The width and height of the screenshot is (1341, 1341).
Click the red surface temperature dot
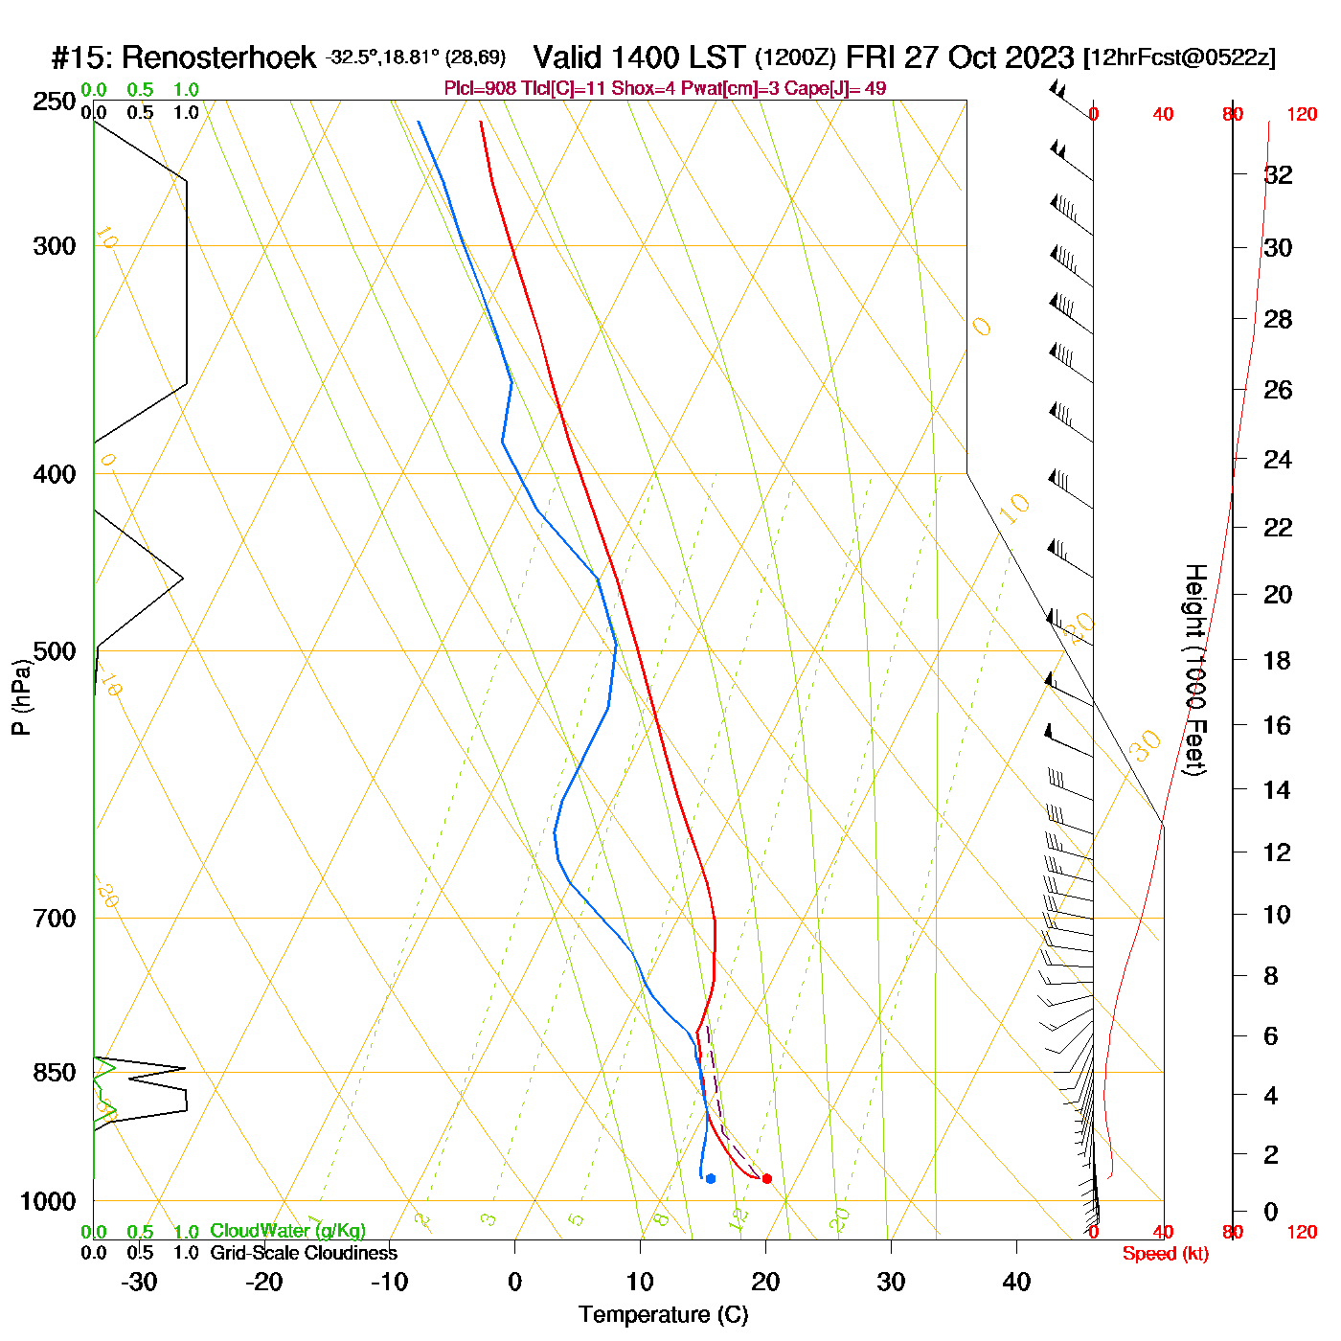tap(766, 1178)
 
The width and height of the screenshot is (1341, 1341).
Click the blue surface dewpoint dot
tap(711, 1178)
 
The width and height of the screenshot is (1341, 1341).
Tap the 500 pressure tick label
tap(55, 651)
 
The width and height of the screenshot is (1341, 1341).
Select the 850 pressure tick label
tap(55, 1073)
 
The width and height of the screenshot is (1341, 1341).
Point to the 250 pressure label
tap(55, 102)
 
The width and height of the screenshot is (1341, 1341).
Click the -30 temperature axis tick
tap(139, 1282)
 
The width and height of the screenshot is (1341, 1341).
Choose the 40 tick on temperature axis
tap(1016, 1282)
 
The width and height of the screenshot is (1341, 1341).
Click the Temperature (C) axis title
tap(663, 1315)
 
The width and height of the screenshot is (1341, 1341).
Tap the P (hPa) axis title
tap(21, 696)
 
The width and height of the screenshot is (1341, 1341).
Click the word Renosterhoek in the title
tap(218, 57)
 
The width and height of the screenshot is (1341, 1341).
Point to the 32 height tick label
tap(1278, 174)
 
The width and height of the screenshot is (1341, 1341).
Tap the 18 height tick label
tap(1278, 660)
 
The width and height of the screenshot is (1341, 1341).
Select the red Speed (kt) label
tap(1165, 1254)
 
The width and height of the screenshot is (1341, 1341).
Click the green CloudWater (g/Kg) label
tap(287, 1231)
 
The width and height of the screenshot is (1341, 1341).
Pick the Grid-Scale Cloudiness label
tap(304, 1253)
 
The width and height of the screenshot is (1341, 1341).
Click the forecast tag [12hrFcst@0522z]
tap(1179, 57)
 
